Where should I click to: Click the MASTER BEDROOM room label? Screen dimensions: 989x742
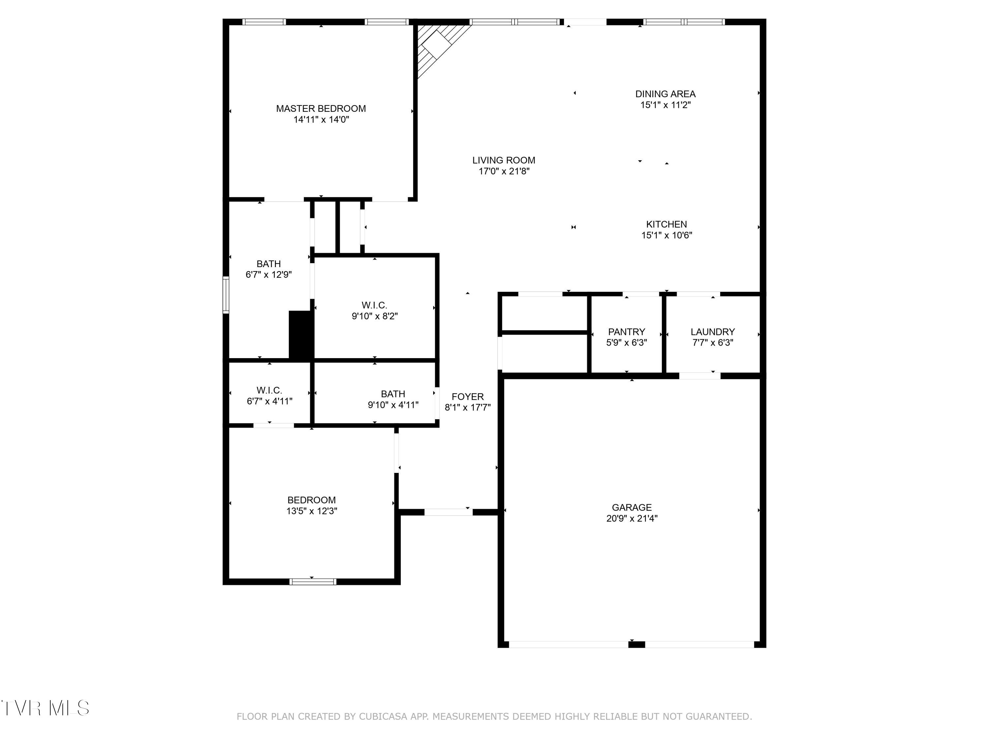coord(321,109)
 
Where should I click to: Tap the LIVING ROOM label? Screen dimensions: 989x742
coord(504,160)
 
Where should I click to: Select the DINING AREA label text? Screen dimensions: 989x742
coord(665,94)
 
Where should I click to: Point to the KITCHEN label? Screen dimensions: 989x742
coord(667,225)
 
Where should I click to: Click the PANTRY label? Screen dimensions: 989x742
coord(626,332)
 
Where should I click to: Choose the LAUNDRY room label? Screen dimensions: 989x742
coord(713,332)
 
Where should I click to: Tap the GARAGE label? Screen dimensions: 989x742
coord(632,508)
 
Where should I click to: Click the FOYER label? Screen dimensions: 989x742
coord(468,397)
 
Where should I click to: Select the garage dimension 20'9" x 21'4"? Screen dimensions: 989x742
coord(632,519)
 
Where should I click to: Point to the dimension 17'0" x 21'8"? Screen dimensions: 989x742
coord(504,171)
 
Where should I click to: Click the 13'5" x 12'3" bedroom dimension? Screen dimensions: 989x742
coord(312,511)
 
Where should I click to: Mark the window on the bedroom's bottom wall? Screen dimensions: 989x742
coord(313,581)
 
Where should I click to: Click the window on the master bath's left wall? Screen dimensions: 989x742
coord(226,295)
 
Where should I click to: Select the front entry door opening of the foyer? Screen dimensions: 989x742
coord(448,512)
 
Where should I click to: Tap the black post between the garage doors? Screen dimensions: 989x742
coord(637,644)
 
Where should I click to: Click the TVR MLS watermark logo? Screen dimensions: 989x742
coord(45,708)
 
